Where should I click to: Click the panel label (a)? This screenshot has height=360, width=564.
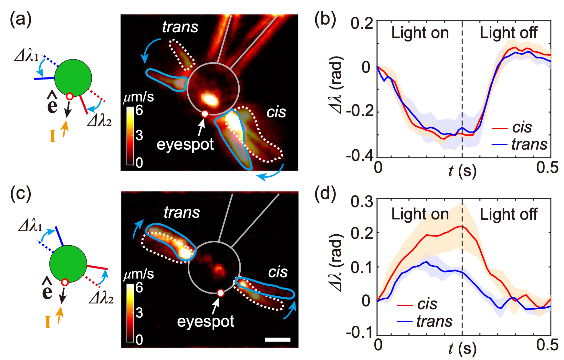(x=21, y=20)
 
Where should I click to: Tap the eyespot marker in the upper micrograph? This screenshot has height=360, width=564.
(x=204, y=114)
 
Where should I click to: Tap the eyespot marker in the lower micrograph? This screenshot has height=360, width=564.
(x=220, y=293)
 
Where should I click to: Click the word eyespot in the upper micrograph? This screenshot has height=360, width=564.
(x=185, y=144)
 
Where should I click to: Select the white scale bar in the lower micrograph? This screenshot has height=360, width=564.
(x=277, y=339)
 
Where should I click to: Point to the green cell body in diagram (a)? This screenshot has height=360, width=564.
(x=73, y=78)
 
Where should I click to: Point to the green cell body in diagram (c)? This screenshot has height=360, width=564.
(x=68, y=264)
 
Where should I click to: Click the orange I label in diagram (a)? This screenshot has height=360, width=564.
(x=53, y=136)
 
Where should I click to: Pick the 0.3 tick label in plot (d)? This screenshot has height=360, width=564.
(x=362, y=202)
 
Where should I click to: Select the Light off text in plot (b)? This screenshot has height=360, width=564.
(x=508, y=33)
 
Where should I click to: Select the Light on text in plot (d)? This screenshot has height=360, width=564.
(x=420, y=214)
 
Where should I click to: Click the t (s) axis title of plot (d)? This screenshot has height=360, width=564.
(x=462, y=349)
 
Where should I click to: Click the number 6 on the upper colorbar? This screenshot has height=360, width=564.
(x=139, y=111)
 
